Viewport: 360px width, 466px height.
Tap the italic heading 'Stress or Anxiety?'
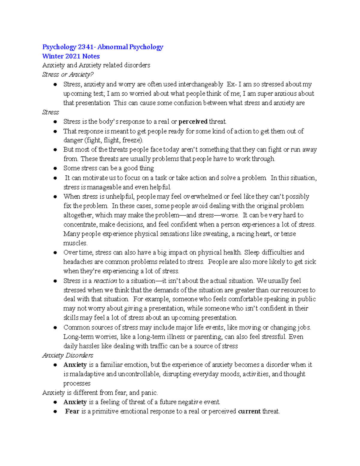68,75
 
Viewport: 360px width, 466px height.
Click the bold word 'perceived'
193,122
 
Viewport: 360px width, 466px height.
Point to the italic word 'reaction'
105,281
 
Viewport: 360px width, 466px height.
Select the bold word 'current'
249,411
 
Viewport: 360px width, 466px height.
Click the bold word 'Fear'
72,411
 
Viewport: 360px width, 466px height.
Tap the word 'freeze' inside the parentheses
131,140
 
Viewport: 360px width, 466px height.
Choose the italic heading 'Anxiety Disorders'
68,356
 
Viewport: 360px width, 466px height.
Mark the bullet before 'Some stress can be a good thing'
55,169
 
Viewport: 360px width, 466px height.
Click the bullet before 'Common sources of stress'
55,328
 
